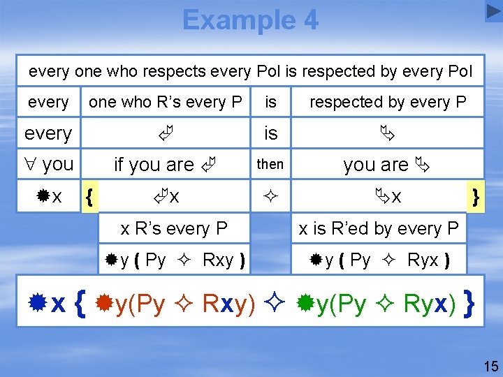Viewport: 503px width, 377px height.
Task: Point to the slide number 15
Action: click(490, 366)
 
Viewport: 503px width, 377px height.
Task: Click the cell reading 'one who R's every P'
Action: click(166, 102)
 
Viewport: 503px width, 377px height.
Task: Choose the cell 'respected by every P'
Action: click(388, 102)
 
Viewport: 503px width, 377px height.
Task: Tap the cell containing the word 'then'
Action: click(270, 164)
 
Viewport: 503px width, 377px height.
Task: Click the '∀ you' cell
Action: click(48, 165)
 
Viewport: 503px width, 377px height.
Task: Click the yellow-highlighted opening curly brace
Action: click(88, 198)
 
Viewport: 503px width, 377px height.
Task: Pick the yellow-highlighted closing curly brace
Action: click(476, 198)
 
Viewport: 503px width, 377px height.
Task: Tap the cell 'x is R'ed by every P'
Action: click(378, 228)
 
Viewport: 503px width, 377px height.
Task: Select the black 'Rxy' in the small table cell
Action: click(218, 260)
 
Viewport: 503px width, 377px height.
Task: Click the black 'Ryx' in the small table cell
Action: click(422, 260)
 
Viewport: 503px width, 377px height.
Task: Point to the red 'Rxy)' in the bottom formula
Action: click(228, 304)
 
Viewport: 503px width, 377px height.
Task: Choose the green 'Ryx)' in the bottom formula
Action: click(430, 304)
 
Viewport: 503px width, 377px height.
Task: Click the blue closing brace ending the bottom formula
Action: click(470, 304)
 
